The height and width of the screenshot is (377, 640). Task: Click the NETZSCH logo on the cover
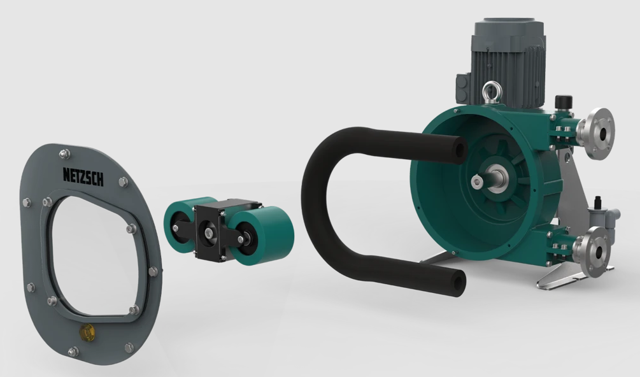(x=83, y=176)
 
